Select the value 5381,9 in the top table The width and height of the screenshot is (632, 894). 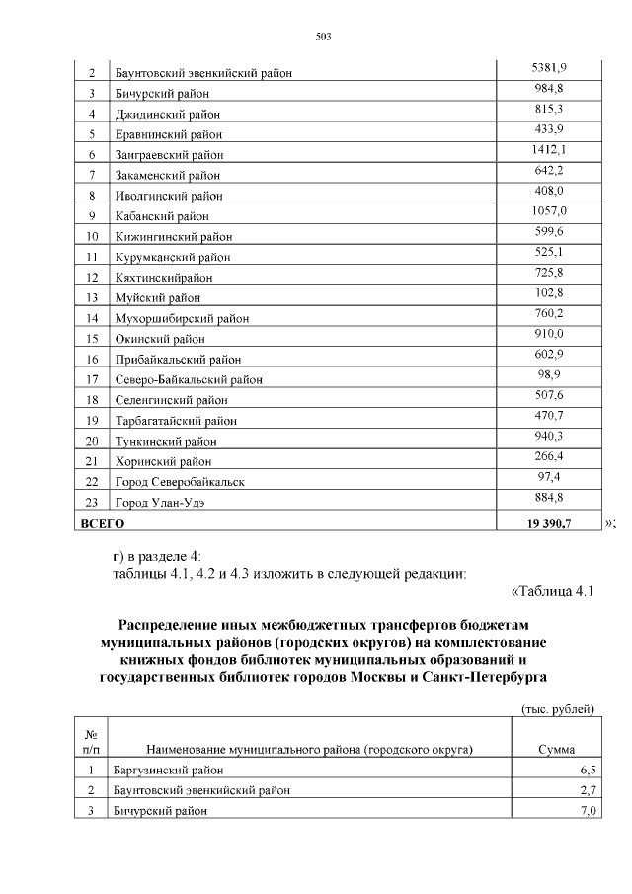coord(549,68)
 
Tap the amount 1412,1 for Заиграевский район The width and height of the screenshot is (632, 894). coord(549,149)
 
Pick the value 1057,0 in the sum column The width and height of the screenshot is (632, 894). coord(549,210)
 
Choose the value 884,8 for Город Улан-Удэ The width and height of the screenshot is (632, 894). coord(549,496)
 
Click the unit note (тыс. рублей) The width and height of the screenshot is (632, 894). coord(557,709)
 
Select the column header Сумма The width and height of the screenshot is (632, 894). coord(556,750)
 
